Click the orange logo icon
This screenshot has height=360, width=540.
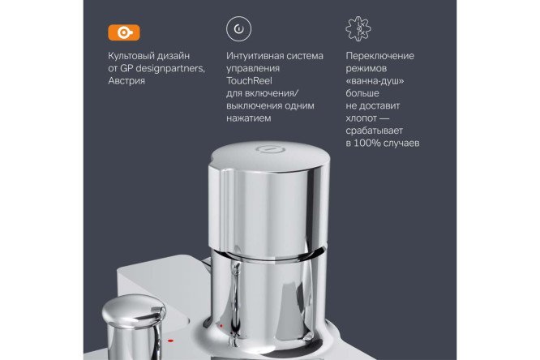click(x=124, y=32)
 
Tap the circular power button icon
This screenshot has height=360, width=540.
click(x=238, y=29)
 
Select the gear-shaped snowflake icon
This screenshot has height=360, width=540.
click(x=358, y=29)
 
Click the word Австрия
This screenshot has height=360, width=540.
click(x=126, y=81)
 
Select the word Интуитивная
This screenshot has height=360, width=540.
click(x=255, y=56)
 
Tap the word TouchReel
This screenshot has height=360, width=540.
click(x=249, y=80)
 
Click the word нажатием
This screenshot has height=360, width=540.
click(x=249, y=118)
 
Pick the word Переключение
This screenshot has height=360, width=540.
click(x=379, y=56)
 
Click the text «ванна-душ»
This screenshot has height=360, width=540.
click(x=375, y=81)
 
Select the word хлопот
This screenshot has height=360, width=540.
click(x=362, y=118)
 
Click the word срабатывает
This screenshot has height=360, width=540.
click(x=374, y=131)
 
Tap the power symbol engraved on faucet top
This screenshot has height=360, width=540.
click(x=270, y=149)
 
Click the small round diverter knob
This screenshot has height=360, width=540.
click(x=134, y=313)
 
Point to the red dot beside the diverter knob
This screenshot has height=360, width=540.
click(x=170, y=341)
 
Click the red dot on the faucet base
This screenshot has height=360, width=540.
click(x=221, y=326)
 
